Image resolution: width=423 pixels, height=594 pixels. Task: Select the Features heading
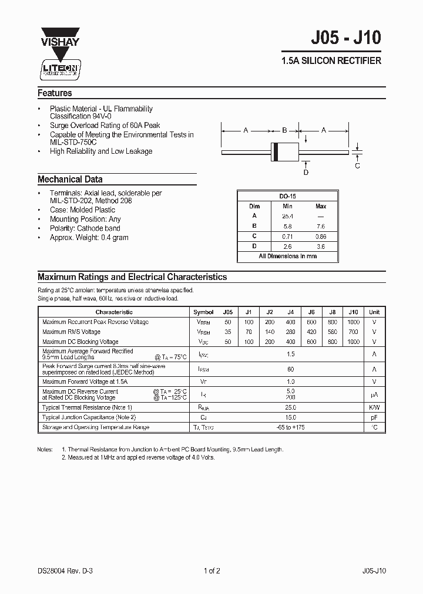pos(55,93)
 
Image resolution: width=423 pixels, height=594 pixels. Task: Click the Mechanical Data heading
pos(70,180)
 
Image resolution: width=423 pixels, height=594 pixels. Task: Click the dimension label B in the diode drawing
pos(284,130)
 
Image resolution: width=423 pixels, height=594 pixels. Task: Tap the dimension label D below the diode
pos(305,172)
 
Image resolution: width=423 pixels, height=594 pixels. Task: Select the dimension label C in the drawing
pos(357,166)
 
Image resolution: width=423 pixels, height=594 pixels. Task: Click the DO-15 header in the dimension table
pos(287,197)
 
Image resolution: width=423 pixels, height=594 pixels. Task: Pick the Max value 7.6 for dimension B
pos(321,226)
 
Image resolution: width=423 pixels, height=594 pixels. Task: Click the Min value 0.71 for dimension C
pos(287,236)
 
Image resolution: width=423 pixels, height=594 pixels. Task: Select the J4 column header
pos(290,312)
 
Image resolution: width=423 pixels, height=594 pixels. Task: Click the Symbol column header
pos(203,312)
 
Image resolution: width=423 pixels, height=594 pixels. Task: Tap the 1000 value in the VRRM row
pos(352,322)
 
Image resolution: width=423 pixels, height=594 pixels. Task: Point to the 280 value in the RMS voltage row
pos(290,332)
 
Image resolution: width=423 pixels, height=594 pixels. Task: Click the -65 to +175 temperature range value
pos(290,427)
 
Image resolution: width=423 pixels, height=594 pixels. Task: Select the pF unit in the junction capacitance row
pos(374,417)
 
